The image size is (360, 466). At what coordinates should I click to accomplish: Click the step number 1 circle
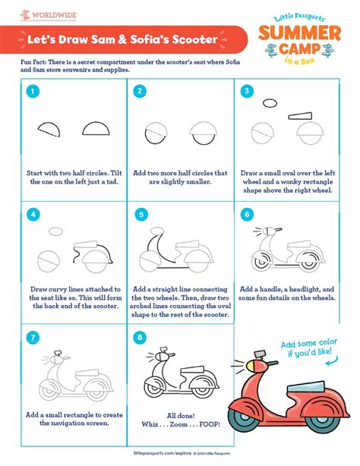[x=33, y=92]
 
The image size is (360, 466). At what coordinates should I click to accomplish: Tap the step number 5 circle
[x=138, y=216]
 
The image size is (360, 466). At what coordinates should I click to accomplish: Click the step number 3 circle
[x=247, y=92]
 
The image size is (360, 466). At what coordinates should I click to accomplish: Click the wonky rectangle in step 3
[x=303, y=115]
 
